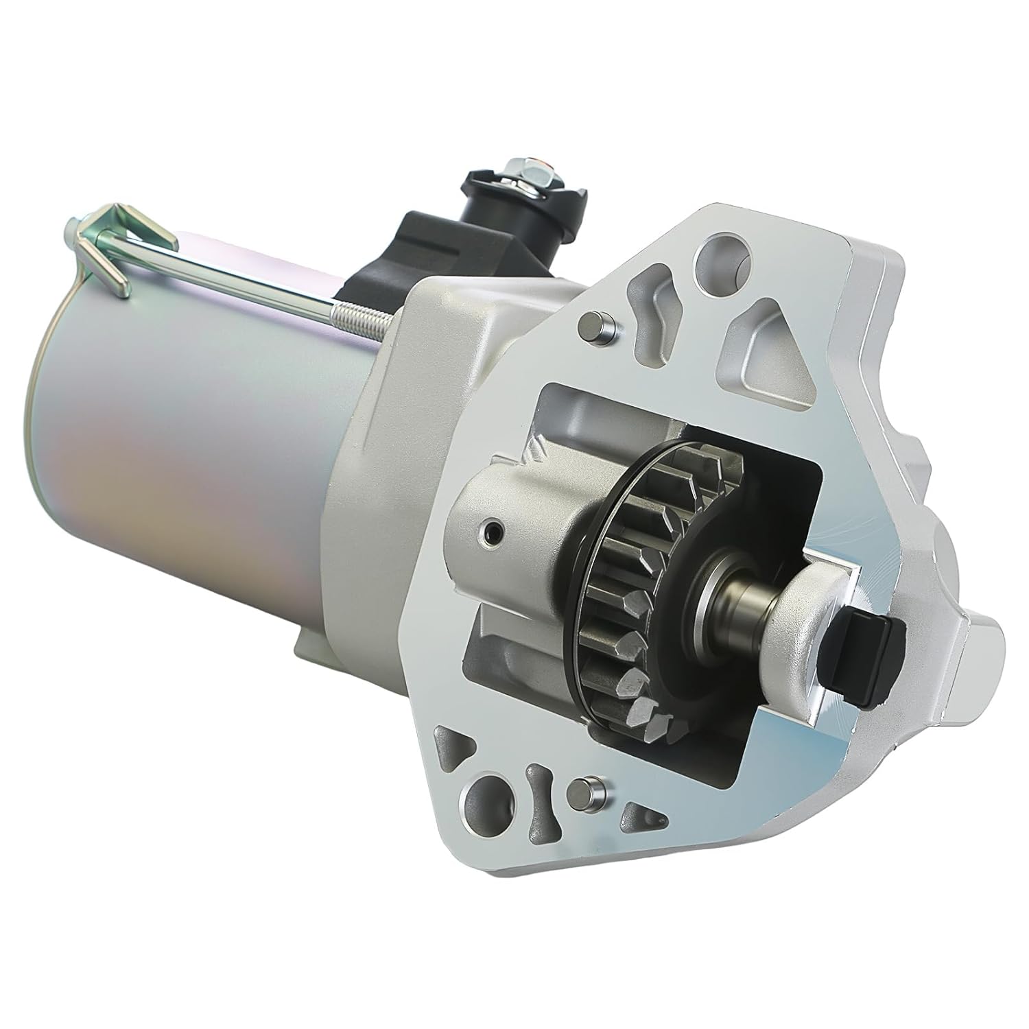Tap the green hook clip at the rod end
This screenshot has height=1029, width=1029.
(x=103, y=240)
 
